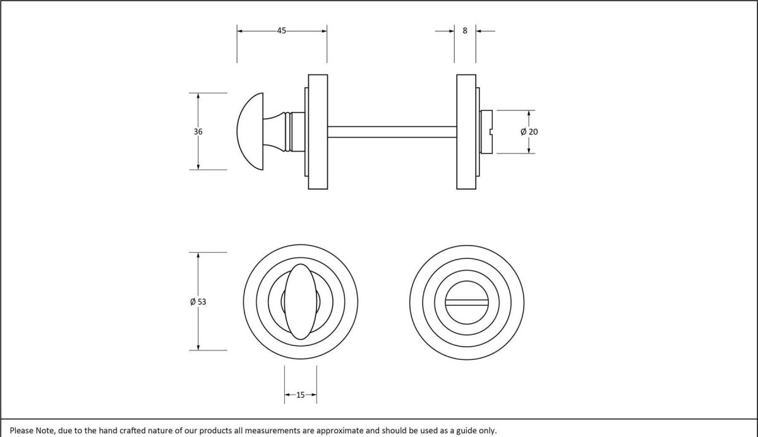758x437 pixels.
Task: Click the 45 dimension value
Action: [x=281, y=30]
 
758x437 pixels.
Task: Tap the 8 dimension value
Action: [x=465, y=30]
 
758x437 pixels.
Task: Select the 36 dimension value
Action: [x=198, y=132]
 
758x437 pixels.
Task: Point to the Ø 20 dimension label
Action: [x=529, y=132]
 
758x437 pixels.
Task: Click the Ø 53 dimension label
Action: [x=198, y=302]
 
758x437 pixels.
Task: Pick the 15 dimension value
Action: [x=300, y=395]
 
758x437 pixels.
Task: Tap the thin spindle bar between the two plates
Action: [x=392, y=132]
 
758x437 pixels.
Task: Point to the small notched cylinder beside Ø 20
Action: [x=486, y=132]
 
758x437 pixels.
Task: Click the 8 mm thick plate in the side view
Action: [x=466, y=132]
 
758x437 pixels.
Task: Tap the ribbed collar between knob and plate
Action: [x=290, y=132]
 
